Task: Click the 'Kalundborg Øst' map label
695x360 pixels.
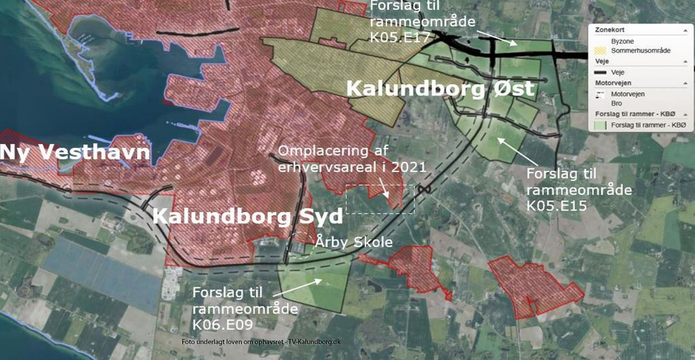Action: [x=440, y=89]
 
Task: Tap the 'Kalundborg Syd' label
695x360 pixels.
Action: [x=247, y=216]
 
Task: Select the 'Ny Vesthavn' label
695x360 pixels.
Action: [x=74, y=152]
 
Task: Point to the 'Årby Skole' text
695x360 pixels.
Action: [x=354, y=242]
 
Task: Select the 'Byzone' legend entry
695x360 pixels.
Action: [x=623, y=41]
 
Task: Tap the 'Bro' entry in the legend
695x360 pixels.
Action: [x=616, y=103]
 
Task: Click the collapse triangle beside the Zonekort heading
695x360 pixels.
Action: [x=686, y=30]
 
